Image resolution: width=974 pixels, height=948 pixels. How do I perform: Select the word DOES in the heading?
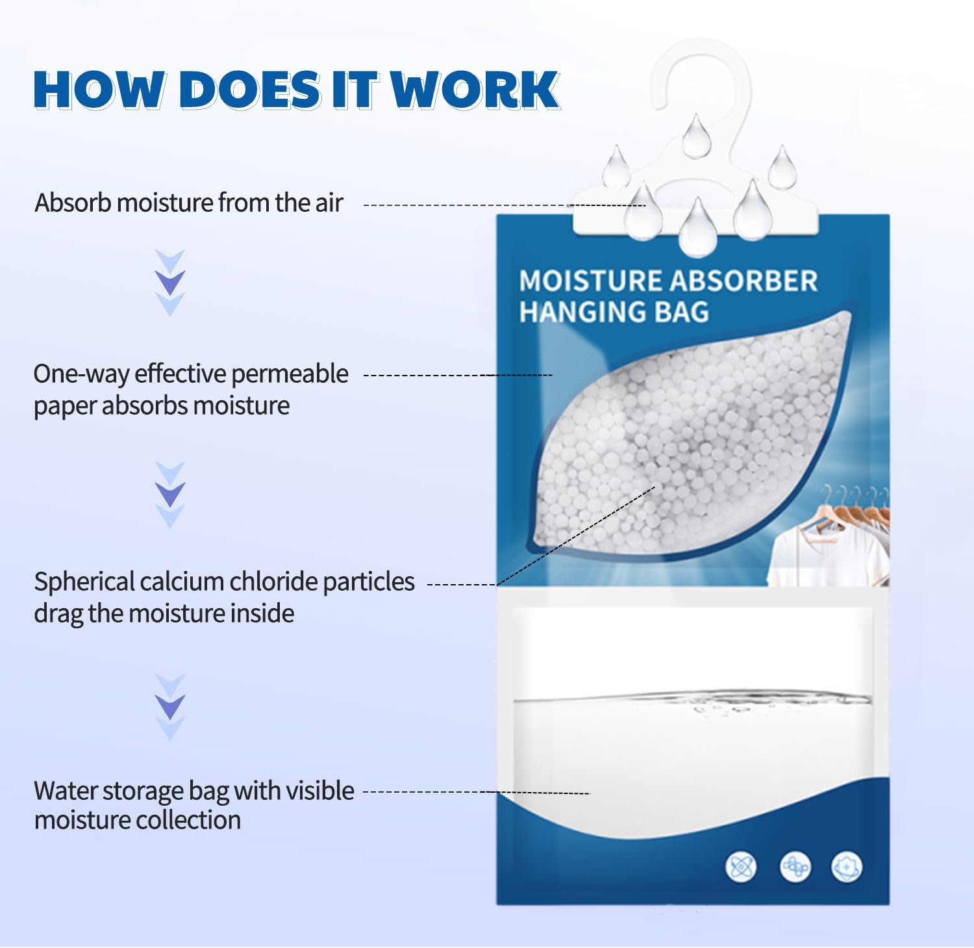click(x=249, y=89)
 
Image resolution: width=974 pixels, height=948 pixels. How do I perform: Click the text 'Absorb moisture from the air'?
click(x=188, y=203)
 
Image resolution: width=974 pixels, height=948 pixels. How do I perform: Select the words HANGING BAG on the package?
click(x=614, y=312)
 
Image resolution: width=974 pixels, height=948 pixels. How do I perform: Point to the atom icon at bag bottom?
click(x=741, y=867)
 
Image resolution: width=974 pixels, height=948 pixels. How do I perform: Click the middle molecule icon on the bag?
click(x=795, y=867)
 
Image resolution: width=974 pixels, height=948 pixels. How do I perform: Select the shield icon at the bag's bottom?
click(x=847, y=867)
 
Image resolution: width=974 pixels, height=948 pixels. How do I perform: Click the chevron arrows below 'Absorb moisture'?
click(x=170, y=283)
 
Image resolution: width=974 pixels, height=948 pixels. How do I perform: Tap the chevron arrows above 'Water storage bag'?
click(x=170, y=707)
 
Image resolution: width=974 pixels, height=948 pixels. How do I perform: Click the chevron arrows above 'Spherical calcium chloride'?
click(x=170, y=495)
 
